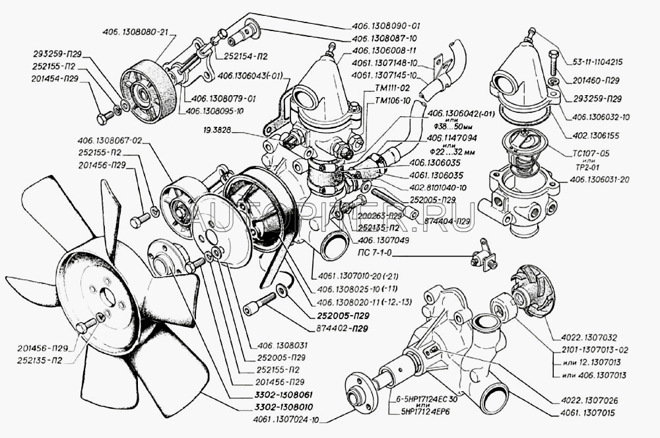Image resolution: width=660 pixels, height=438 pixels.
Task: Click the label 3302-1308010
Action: pyautogui.click(x=276, y=407)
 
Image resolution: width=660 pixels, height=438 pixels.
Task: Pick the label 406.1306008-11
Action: pyautogui.click(x=385, y=50)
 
